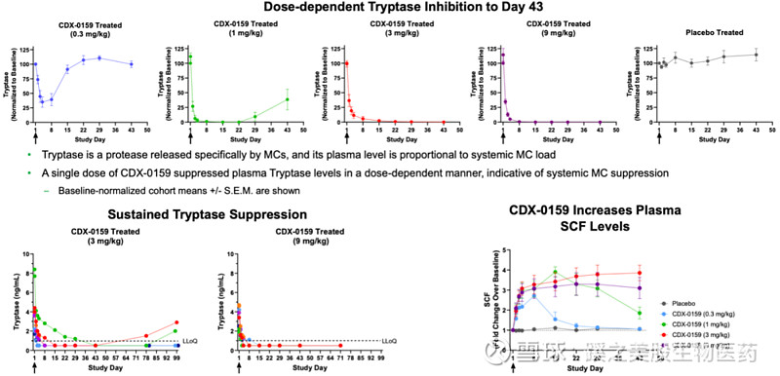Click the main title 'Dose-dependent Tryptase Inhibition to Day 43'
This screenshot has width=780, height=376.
pos(389,10)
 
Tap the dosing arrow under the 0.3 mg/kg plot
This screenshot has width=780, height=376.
pos(35,137)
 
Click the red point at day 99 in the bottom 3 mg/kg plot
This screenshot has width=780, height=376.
pos(176,322)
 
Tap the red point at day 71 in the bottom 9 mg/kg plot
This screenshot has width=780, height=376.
pos(339,345)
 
